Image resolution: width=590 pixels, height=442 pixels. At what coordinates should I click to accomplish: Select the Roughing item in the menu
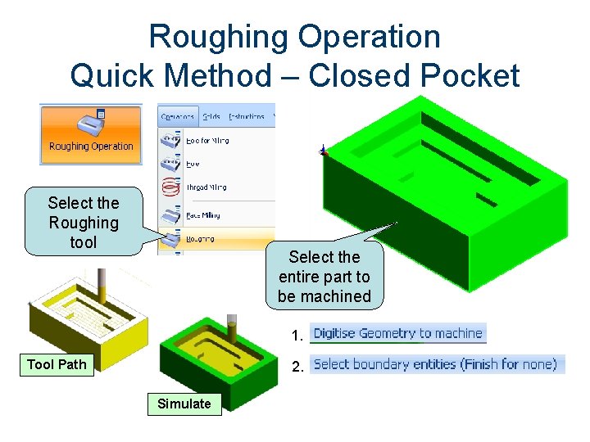point(200,239)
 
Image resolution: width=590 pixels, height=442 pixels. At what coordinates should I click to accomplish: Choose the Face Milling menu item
point(202,215)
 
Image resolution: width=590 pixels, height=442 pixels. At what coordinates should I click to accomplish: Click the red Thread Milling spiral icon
point(170,187)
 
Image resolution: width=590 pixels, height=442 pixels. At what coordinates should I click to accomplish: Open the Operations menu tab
point(177,116)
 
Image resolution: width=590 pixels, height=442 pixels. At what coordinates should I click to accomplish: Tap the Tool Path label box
point(57,364)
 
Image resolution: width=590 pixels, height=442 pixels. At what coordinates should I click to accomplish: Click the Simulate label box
point(184,404)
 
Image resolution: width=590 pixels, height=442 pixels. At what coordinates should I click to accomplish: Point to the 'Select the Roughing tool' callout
point(84,223)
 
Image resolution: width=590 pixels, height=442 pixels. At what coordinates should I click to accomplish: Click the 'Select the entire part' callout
point(324,277)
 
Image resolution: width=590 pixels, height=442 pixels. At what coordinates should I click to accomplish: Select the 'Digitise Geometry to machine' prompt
point(398,333)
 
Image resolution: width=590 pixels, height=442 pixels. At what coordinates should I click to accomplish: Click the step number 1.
point(297,336)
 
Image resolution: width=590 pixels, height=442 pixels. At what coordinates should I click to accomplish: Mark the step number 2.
point(297,366)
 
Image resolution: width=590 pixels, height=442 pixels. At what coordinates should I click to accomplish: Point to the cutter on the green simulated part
point(232,327)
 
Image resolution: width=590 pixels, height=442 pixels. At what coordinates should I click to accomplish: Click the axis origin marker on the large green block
point(324,151)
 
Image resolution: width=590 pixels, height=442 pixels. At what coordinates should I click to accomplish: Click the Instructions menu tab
point(247,116)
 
